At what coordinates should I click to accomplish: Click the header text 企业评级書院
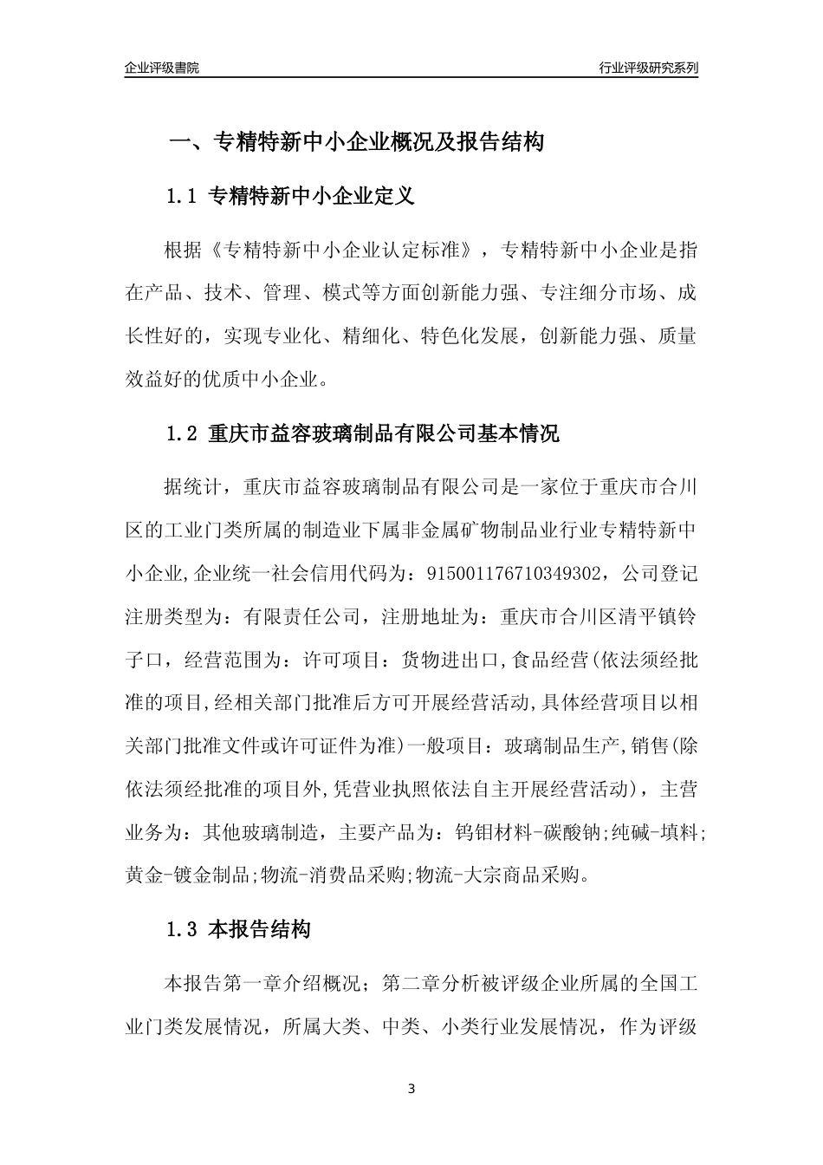click(x=162, y=68)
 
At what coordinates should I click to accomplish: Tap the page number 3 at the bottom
click(x=411, y=1088)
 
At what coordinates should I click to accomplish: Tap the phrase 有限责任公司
click(x=301, y=617)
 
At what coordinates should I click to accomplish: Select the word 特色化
click(x=448, y=336)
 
